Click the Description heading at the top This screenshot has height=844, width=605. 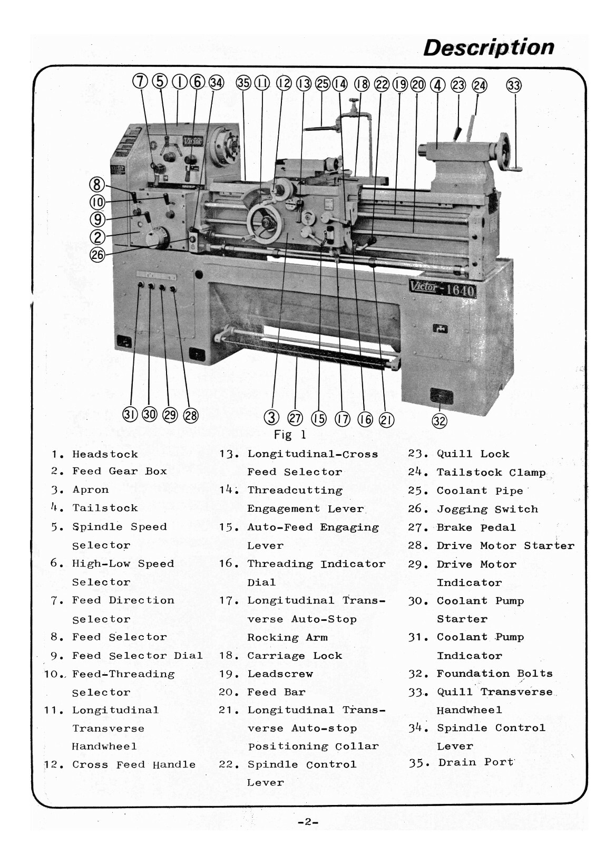(x=489, y=47)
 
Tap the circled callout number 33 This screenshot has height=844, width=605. (x=514, y=85)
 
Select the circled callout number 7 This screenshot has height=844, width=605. (x=140, y=82)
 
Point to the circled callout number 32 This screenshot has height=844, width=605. (x=440, y=420)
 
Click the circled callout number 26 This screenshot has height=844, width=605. (x=97, y=255)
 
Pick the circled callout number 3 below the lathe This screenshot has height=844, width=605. (x=271, y=418)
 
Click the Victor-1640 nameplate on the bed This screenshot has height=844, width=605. (x=443, y=289)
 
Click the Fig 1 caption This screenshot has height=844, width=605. (x=290, y=435)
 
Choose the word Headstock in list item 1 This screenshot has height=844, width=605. (x=105, y=454)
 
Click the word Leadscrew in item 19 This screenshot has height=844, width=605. (x=280, y=674)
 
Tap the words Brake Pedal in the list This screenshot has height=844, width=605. (x=476, y=527)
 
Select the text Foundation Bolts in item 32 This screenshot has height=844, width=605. (x=494, y=674)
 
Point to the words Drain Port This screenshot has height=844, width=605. (x=475, y=762)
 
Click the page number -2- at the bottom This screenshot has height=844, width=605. (x=308, y=822)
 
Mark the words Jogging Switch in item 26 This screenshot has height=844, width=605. (x=487, y=509)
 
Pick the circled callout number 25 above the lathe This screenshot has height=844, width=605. (x=323, y=83)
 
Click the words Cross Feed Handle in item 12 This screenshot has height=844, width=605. (x=134, y=765)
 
